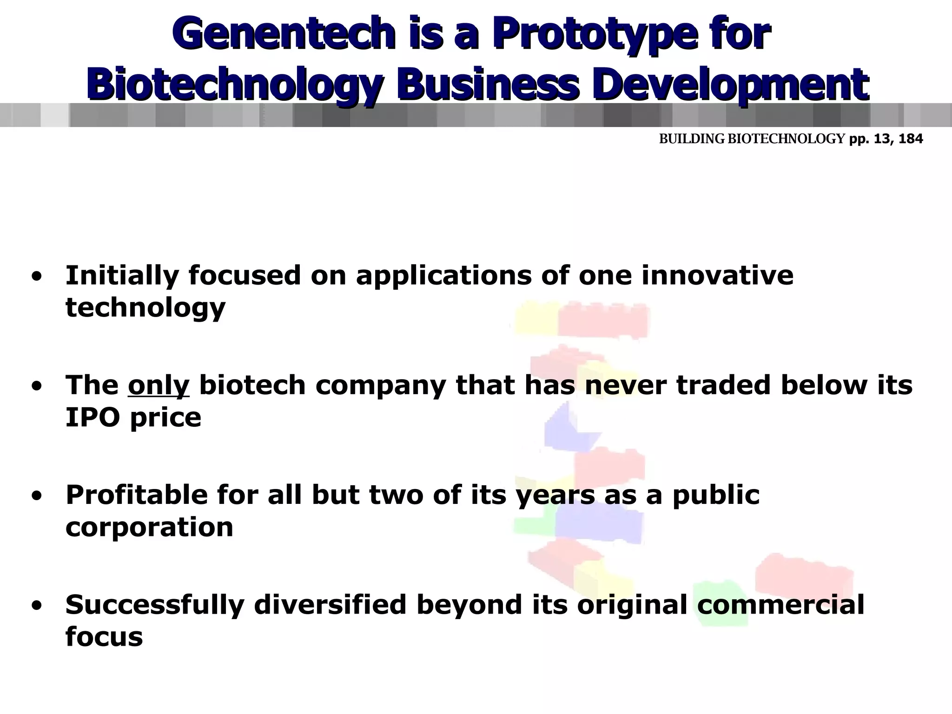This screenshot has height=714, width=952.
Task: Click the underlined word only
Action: pos(159,385)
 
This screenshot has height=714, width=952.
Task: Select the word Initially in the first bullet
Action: pos(122,275)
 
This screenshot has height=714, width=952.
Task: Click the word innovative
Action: pos(717,275)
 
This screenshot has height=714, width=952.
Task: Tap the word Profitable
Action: pos(137,495)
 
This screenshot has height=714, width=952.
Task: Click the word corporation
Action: pos(149,527)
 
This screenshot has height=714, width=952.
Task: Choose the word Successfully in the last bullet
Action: pos(155,605)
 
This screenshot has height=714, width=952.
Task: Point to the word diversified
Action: pos(330,605)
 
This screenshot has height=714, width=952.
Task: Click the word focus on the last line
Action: pos(104,637)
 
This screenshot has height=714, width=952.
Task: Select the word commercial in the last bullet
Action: pos(780,605)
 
